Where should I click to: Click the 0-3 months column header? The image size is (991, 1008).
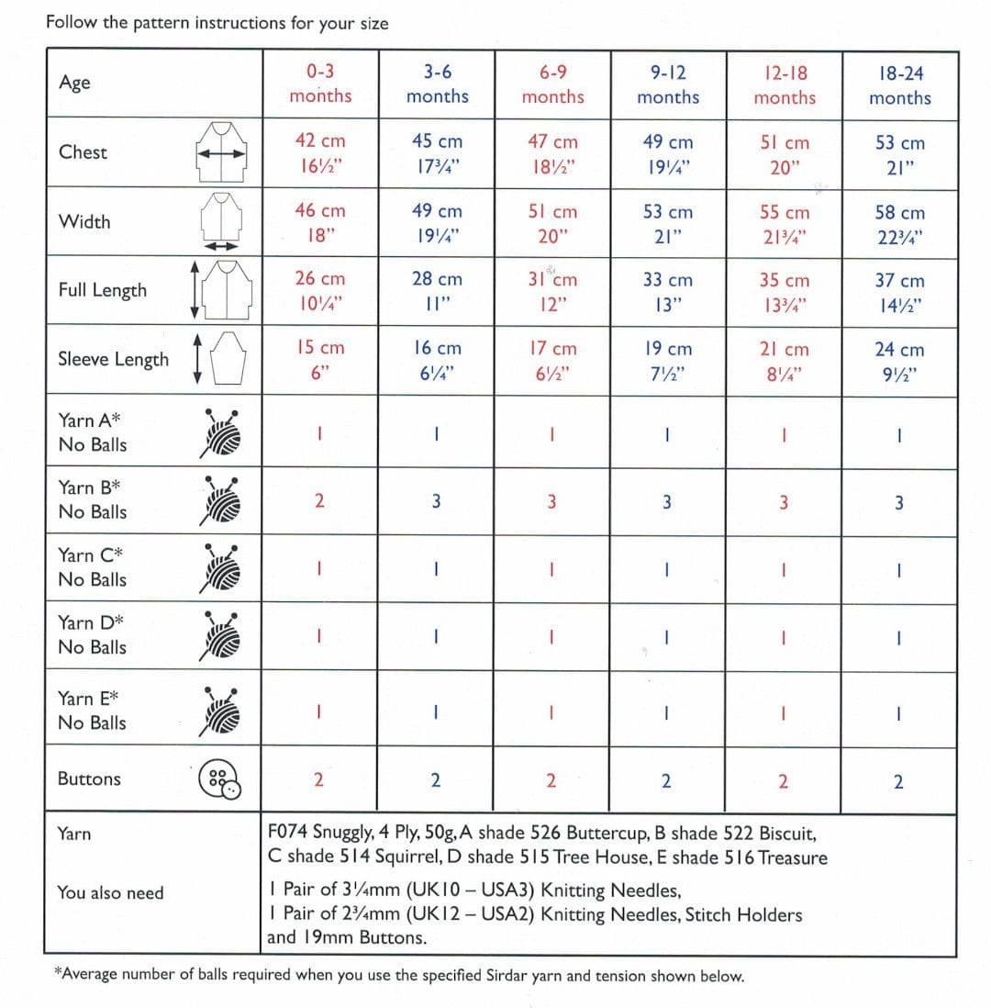pyautogui.click(x=320, y=84)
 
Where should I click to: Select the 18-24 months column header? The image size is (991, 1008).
pyautogui.click(x=899, y=85)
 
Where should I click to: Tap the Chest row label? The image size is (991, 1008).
pyautogui.click(x=83, y=152)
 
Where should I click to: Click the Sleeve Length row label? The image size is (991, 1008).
pyautogui.click(x=113, y=359)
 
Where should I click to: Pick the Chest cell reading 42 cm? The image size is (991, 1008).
pyautogui.click(x=320, y=141)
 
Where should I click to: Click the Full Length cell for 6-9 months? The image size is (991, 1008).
pyautogui.click(x=552, y=290)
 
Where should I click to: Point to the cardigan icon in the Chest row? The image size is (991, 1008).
pyautogui.click(x=221, y=154)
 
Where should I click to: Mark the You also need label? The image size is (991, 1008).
pyautogui.click(x=110, y=892)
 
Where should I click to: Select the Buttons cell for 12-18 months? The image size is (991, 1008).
pyautogui.click(x=782, y=781)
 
